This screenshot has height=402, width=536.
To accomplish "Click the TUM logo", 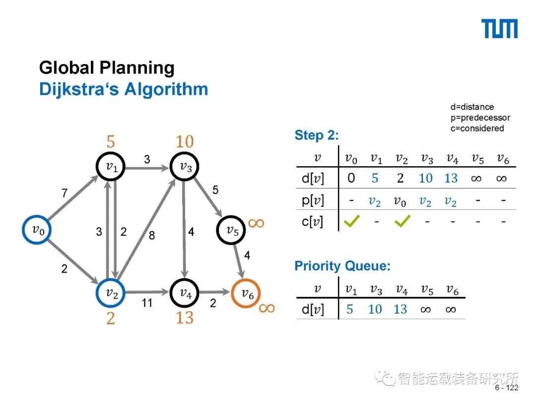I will click(x=500, y=29).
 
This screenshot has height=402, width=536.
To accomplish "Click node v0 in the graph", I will click(x=37, y=229).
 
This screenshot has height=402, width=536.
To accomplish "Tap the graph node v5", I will click(x=231, y=230).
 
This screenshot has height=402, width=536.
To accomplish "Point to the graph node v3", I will click(x=185, y=167).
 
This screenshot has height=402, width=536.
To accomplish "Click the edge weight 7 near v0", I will click(x=65, y=193).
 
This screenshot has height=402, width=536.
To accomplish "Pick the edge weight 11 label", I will click(x=147, y=302).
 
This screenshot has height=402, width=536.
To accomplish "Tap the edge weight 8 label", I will click(x=152, y=235).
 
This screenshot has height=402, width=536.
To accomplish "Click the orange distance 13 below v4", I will click(x=184, y=317).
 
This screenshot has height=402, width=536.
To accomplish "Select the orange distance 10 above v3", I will click(x=184, y=142).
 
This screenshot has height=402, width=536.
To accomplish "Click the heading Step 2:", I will click(x=317, y=135).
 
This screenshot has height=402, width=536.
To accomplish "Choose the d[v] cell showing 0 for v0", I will click(x=351, y=178).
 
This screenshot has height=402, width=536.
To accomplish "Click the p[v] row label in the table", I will click(x=313, y=200).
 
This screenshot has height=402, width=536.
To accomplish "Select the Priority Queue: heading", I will click(x=342, y=266).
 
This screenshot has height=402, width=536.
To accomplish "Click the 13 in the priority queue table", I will click(x=400, y=310).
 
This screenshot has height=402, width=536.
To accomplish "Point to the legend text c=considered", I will click(x=477, y=129).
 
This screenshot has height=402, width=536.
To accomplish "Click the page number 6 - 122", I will click(x=506, y=388).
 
